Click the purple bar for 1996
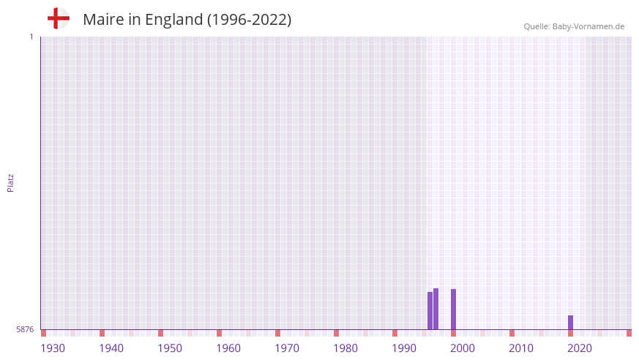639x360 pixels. (x=430, y=311)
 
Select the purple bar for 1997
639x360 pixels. (x=436, y=309)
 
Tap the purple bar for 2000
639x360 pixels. (x=453, y=309)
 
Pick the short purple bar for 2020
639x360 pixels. (x=570, y=322)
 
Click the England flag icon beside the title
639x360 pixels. (x=59, y=19)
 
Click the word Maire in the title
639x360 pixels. (x=101, y=20)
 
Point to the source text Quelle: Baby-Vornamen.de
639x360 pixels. (x=574, y=26)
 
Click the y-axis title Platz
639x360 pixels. (x=10, y=182)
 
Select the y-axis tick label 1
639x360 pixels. (x=31, y=37)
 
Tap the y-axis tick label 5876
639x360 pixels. (x=25, y=330)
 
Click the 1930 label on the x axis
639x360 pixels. (x=53, y=348)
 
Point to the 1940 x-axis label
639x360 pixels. (x=111, y=348)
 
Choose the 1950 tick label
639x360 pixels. (x=170, y=348)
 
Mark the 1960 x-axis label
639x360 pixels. (x=228, y=348)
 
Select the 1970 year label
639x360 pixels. (x=287, y=348)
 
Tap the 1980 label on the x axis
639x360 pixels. (x=345, y=348)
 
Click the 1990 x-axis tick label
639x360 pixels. (x=404, y=348)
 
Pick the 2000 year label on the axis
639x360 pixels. (x=463, y=348)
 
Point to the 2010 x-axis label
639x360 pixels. (x=521, y=348)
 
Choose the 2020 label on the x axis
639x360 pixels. (x=580, y=348)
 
